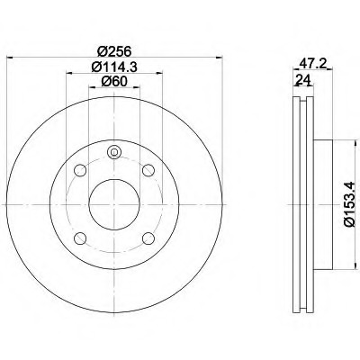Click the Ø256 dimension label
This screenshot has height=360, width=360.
point(114,51)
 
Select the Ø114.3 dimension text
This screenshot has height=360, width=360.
point(114,67)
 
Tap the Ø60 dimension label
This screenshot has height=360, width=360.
point(114,82)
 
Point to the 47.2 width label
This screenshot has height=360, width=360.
point(313,64)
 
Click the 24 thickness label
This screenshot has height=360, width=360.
point(302,80)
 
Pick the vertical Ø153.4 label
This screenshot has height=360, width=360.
point(350,204)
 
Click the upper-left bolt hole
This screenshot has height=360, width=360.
point(80,170)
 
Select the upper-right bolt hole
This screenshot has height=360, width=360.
point(148,170)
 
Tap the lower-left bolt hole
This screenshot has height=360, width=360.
point(80,238)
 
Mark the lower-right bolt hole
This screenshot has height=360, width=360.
point(148,238)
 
